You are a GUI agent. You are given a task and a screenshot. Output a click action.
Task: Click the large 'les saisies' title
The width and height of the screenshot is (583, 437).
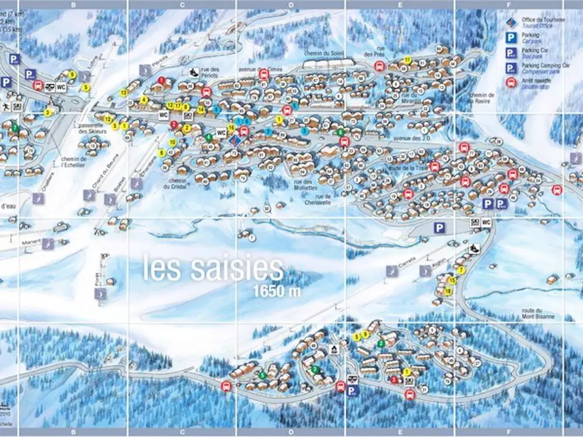pyautogui.click(x=213, y=269)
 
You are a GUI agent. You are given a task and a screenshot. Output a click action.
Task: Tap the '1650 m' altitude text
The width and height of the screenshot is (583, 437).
pyautogui.click(x=277, y=291)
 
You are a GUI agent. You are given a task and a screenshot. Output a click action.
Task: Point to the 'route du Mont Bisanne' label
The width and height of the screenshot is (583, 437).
pyautogui.click(x=538, y=314)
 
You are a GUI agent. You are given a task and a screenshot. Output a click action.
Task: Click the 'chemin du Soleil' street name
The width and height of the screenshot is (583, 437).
pyautogui.click(x=326, y=54)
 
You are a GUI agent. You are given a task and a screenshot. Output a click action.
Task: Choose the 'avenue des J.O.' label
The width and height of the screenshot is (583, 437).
pyautogui.click(x=411, y=138)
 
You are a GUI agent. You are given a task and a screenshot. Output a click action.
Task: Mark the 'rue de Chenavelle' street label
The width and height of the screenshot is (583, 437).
pyautogui.click(x=318, y=200)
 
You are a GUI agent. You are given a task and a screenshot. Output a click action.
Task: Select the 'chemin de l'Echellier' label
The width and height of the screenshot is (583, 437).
pyautogui.click(x=73, y=162)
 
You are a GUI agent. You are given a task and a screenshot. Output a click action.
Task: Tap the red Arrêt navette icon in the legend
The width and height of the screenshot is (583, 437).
pyautogui.click(x=511, y=82)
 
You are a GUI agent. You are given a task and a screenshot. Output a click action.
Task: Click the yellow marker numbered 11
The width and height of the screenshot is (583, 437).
pyautogui.click(x=408, y=60)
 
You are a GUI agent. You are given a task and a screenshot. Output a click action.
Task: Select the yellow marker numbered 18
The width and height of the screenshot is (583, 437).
pyautogui.click(x=448, y=291)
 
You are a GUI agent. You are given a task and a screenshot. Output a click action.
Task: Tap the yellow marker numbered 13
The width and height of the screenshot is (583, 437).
pyautogui.click(x=124, y=93)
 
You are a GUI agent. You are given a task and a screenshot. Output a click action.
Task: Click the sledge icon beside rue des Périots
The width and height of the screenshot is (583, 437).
pyautogui.click(x=192, y=72)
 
